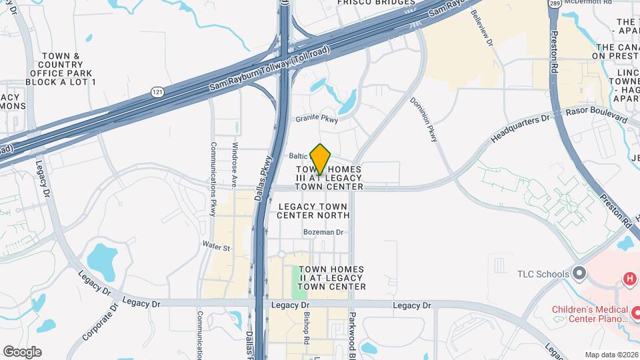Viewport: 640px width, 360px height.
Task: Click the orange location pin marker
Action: [x=321, y=159]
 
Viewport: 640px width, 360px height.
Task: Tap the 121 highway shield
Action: [x=156, y=91]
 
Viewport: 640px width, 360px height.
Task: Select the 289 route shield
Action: [x=555, y=4]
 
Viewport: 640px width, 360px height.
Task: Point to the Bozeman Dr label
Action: [x=323, y=232]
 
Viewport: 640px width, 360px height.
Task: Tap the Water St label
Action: [x=217, y=247]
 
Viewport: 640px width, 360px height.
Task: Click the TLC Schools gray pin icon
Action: [x=579, y=273]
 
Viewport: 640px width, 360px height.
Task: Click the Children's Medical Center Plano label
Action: [x=590, y=314]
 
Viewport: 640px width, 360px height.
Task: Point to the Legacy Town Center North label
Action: [x=313, y=211]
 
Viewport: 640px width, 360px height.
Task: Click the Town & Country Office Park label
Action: [x=61, y=69]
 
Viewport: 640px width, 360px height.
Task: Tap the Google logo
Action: [x=22, y=351]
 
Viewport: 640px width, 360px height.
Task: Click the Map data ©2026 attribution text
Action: [x=611, y=355]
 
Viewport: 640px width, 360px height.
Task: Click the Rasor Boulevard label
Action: [x=597, y=116]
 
